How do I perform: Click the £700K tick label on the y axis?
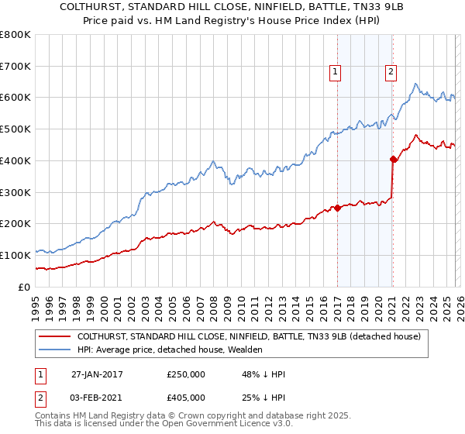coord(15,67)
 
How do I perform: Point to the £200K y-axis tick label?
coord(15,224)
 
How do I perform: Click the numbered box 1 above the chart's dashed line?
coord(336,72)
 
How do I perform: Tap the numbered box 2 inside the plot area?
coord(391,72)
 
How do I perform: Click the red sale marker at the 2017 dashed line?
coord(337,208)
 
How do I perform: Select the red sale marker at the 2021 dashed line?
coord(393,160)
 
